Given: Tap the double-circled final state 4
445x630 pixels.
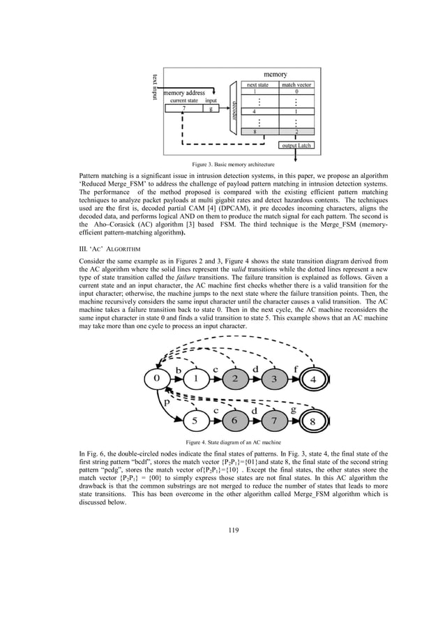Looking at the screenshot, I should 314,380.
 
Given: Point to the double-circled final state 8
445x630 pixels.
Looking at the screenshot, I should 315,422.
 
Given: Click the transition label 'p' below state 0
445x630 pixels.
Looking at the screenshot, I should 167,403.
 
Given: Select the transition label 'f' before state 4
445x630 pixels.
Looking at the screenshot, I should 296,368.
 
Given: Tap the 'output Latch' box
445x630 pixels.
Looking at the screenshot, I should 296,145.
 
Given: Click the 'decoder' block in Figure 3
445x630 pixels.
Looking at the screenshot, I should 234,109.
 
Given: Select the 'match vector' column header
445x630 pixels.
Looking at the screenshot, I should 296,84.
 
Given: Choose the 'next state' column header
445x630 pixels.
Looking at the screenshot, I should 259,84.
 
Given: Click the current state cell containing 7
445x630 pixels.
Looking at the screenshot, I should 183,108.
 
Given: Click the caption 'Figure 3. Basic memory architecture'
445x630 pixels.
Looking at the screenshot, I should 222,165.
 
